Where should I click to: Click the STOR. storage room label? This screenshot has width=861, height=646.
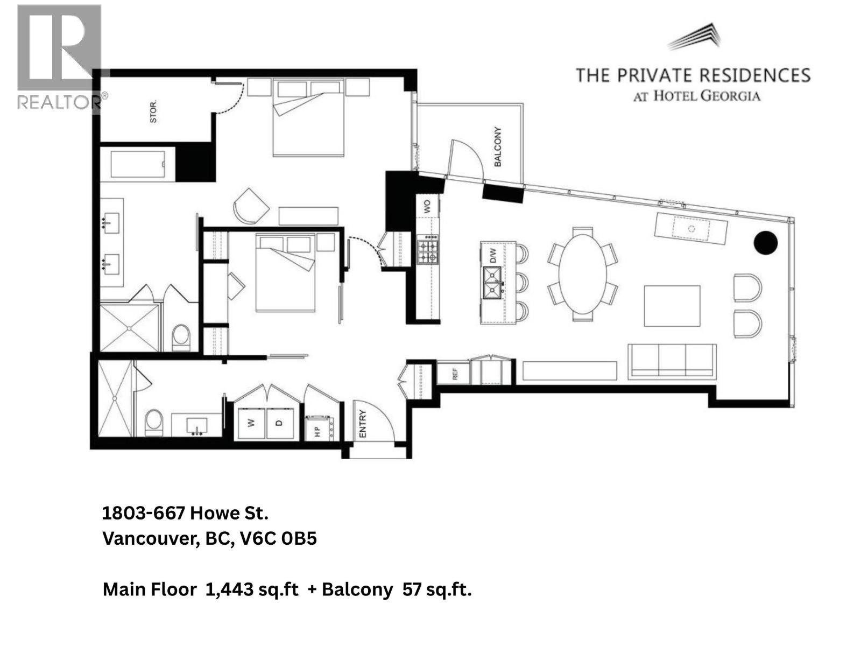[x=153, y=113]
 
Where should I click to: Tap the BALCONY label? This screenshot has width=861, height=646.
[x=497, y=146]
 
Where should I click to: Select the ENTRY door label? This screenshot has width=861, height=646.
[x=362, y=424]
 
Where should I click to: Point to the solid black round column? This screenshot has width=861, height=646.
[x=765, y=243]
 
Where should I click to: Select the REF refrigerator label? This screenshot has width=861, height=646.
[x=455, y=374]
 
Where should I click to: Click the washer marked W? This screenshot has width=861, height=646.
[x=251, y=423]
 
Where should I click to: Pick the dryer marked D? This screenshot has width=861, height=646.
[x=279, y=423]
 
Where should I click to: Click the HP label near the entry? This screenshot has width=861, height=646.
[x=316, y=431]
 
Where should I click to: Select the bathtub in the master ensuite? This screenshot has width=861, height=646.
[x=138, y=165]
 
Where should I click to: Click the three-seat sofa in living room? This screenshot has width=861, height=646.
[x=672, y=360]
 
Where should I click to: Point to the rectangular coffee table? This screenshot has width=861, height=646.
[x=672, y=306]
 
